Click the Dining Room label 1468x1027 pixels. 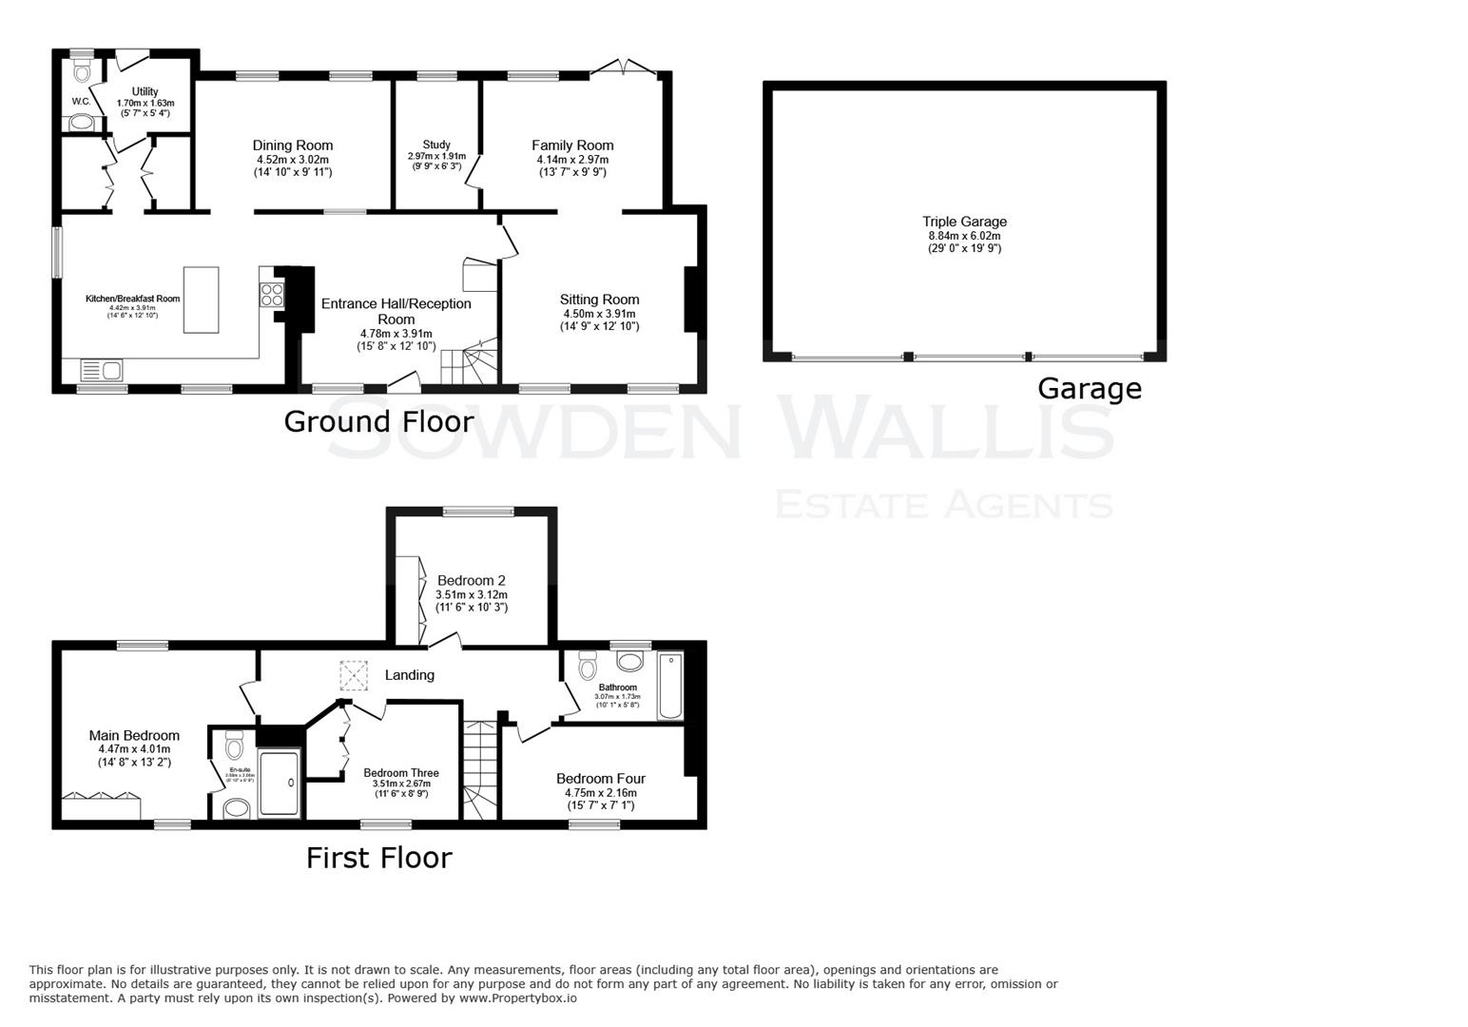(292, 145)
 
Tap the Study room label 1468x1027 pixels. (435, 145)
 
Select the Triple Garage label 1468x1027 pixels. (964, 222)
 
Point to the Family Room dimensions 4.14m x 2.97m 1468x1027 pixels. (571, 160)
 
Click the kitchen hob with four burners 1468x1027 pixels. (271, 295)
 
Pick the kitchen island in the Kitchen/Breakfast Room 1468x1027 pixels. (200, 300)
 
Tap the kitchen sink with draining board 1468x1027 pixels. (101, 370)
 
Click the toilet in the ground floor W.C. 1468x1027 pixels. (82, 70)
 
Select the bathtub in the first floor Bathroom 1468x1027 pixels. (670, 685)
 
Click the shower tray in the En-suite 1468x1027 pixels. (280, 784)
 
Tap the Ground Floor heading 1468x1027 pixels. (378, 421)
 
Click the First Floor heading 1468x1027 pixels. (378, 858)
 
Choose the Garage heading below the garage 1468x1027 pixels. (1089, 388)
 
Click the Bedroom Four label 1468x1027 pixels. (600, 779)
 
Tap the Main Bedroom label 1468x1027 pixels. (134, 735)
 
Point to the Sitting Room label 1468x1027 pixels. (599, 300)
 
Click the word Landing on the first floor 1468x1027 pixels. (409, 675)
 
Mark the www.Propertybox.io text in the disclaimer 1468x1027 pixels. (518, 998)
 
